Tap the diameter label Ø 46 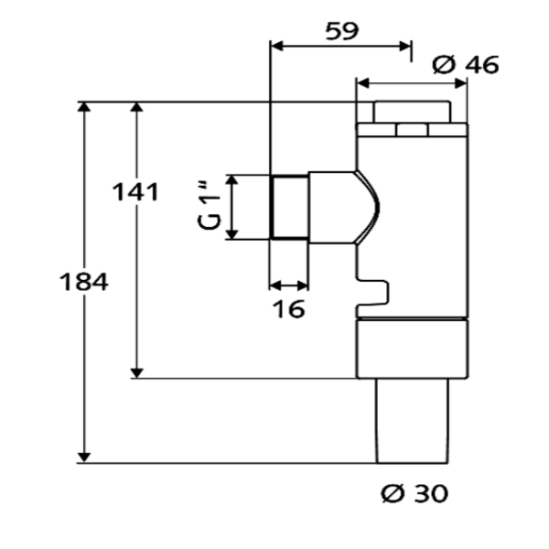[465, 65]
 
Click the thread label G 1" [211, 208]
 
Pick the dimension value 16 [289, 310]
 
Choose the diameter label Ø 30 [414, 494]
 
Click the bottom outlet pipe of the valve [412, 421]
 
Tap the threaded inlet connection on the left [289, 207]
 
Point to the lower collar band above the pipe [412, 350]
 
